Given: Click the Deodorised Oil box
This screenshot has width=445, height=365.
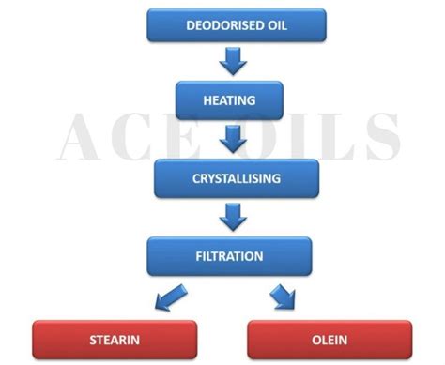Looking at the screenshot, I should coord(237,25).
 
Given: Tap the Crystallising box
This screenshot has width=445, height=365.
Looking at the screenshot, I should coord(230,177).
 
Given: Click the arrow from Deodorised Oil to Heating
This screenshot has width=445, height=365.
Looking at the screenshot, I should coord(233,61).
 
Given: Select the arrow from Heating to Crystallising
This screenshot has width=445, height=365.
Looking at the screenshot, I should coord(231,138).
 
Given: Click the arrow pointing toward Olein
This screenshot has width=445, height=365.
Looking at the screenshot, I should coord(282,297).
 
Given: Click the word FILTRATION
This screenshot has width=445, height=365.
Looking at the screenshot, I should coord(229,254).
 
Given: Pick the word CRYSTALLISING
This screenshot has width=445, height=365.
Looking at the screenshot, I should coord(230,177).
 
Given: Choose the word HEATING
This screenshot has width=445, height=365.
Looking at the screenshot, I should coord(229,99).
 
